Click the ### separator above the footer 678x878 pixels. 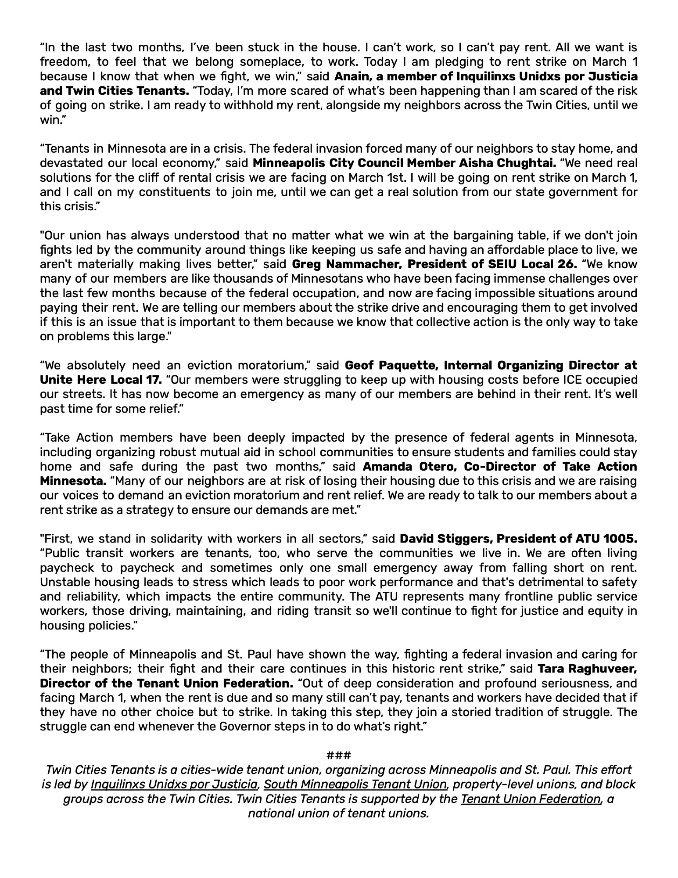coord(338,756)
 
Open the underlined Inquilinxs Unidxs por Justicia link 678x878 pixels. coord(174,784)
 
